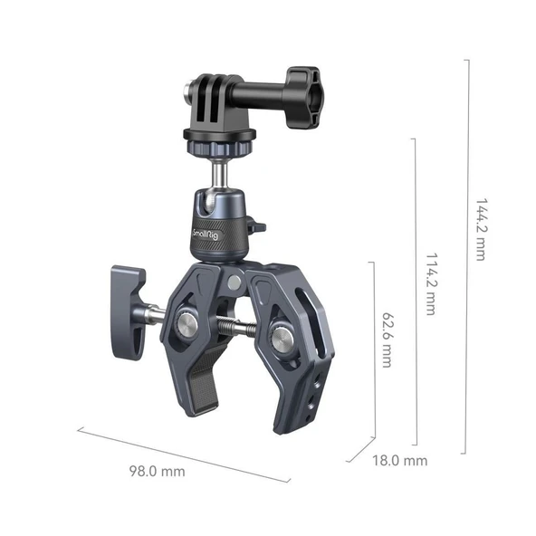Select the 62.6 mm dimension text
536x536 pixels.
pyautogui.click(x=388, y=340)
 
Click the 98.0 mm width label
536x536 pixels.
pyautogui.click(x=156, y=472)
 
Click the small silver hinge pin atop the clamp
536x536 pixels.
pyautogui.click(x=234, y=282)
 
